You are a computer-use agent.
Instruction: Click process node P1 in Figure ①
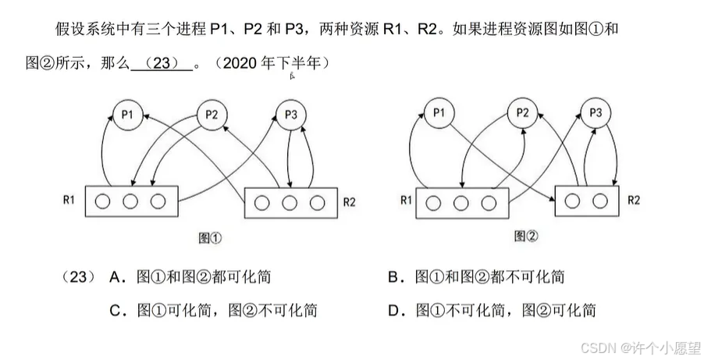[x=128, y=115]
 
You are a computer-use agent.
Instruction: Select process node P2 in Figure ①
[x=212, y=115]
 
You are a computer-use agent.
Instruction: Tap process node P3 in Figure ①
[x=291, y=115]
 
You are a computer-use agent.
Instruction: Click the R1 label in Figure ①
[x=69, y=200]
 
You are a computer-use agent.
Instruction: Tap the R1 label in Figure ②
[x=406, y=200]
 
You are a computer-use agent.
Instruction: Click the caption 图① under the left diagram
[x=212, y=237]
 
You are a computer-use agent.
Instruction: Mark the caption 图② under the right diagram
[x=527, y=236]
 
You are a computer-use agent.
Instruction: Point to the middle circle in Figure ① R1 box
[x=130, y=202]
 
